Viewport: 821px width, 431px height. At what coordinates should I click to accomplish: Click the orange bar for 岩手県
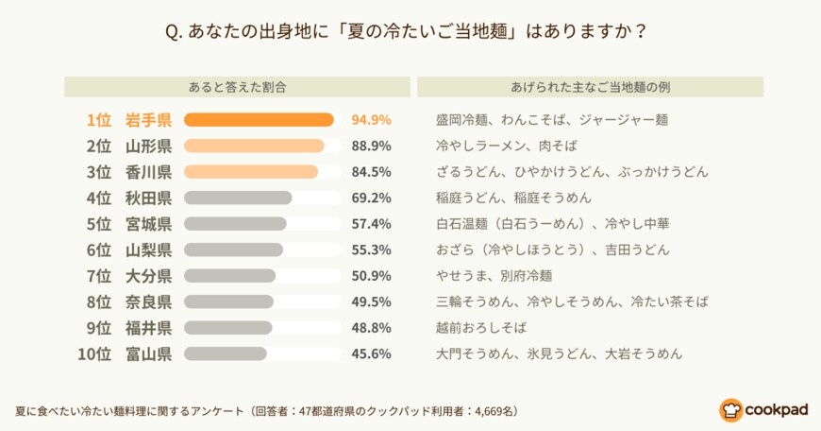coord(259,120)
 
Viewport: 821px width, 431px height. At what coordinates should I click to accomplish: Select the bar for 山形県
coord(254,146)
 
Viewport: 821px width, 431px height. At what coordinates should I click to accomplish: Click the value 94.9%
coord(371,120)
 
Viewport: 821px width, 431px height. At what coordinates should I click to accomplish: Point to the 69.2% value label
coord(371,198)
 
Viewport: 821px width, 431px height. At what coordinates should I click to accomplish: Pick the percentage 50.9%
coord(371,276)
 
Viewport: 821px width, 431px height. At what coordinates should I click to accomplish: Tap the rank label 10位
coord(94,353)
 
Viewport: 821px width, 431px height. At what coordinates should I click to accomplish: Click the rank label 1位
coord(98,120)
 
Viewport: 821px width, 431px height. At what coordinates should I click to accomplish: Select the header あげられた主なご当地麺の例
coord(590,86)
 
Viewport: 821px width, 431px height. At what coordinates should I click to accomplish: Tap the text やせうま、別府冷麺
coord(494,276)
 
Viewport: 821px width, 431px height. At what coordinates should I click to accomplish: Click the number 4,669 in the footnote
coord(479,412)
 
